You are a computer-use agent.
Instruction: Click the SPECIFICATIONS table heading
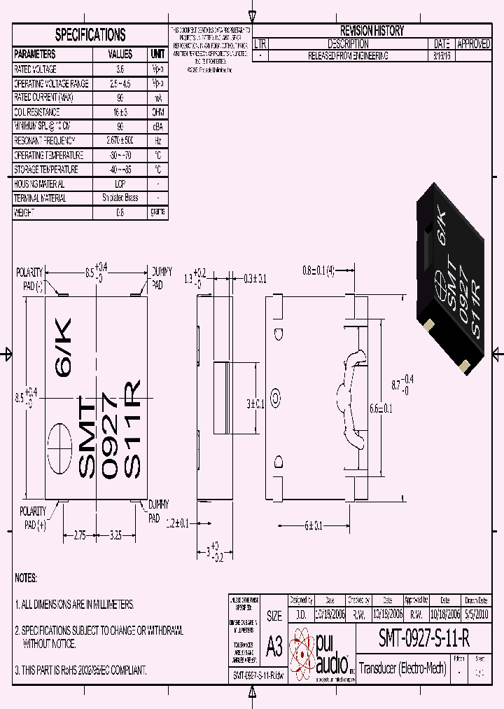90,35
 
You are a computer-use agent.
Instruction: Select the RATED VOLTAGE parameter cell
35,69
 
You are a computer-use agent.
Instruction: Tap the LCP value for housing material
120,184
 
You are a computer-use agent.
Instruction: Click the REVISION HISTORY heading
372,31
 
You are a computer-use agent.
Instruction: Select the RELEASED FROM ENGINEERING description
348,55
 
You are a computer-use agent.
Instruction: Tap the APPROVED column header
473,43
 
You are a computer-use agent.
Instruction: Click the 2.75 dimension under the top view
79,535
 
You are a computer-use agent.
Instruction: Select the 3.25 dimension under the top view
115,535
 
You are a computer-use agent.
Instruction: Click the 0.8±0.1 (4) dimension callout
318,270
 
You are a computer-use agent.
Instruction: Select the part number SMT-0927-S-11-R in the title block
423,638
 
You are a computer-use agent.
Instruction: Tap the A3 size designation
274,647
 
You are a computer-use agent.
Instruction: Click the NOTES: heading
26,578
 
